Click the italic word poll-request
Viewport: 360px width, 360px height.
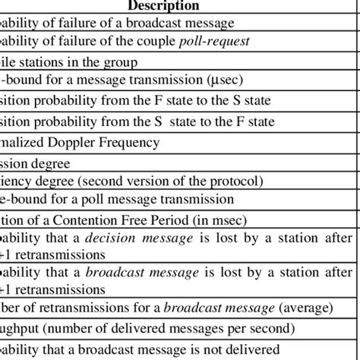tap(217, 40)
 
